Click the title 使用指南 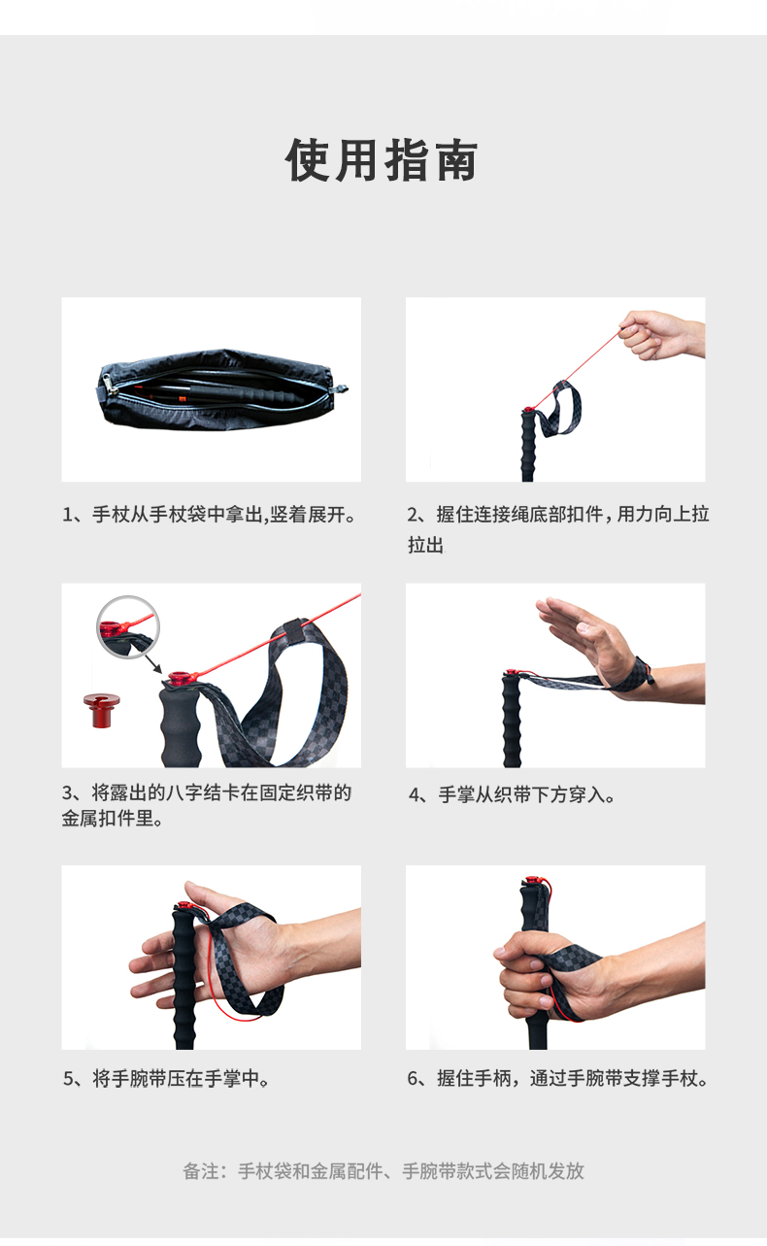click(382, 160)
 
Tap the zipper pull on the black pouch click(109, 385)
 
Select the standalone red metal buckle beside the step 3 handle click(102, 710)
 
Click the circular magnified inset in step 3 click(128, 627)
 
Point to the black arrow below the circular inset click(153, 663)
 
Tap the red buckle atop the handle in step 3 click(181, 678)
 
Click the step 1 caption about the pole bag click(209, 515)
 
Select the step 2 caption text click(558, 529)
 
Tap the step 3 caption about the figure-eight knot click(207, 805)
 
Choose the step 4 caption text click(512, 794)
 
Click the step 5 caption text click(166, 1079)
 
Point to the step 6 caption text click(558, 1079)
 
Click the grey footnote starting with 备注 click(383, 1170)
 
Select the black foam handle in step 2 click(528, 445)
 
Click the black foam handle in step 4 click(513, 721)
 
